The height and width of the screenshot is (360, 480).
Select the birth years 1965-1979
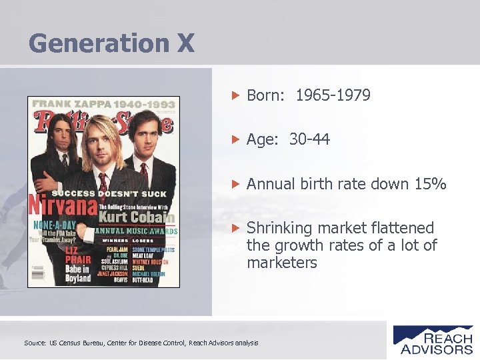click(333, 95)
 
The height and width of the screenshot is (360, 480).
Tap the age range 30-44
click(309, 139)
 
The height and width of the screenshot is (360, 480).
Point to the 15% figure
click(430, 184)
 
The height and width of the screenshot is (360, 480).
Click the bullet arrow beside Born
click(234, 95)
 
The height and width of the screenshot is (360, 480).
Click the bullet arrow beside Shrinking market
click(234, 228)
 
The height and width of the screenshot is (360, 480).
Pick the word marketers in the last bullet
click(282, 263)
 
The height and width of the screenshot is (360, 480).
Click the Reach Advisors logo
click(433, 339)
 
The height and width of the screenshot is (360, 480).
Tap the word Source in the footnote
click(35, 343)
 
